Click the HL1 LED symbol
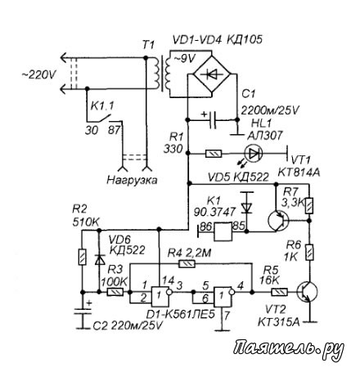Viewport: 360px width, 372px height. pyautogui.click(x=254, y=154)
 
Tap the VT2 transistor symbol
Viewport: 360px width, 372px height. pyautogui.click(x=307, y=292)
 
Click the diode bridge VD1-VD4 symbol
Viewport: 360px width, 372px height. pyautogui.click(x=212, y=74)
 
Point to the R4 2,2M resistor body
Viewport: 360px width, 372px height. pyautogui.click(x=187, y=263)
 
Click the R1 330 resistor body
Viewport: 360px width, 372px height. pyautogui.click(x=214, y=155)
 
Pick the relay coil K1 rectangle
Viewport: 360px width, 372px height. pyautogui.click(x=223, y=232)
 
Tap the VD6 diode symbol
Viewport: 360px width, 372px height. pyautogui.click(x=99, y=259)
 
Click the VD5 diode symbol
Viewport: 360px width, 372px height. pyautogui.click(x=247, y=207)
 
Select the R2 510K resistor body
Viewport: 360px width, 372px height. pyautogui.click(x=82, y=257)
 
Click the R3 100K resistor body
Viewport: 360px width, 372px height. pyautogui.click(x=115, y=292)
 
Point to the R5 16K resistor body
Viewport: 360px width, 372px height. pyautogui.click(x=280, y=292)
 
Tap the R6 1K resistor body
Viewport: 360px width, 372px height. pyautogui.click(x=309, y=253)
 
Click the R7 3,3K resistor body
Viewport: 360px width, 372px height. pyautogui.click(x=309, y=205)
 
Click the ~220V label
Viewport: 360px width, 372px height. pyautogui.click(x=39, y=74)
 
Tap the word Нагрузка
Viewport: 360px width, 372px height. pyautogui.click(x=132, y=180)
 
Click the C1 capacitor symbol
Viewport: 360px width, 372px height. pyautogui.click(x=213, y=120)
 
